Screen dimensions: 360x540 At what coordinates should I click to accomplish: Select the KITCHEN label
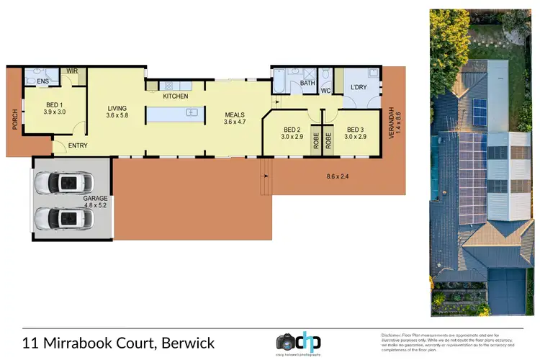pyautogui.click(x=176, y=96)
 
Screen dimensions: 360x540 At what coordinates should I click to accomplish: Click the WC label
pyautogui.click(x=325, y=91)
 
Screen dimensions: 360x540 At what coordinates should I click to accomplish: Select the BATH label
pyautogui.click(x=308, y=83)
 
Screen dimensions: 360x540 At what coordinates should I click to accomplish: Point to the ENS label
pyautogui.click(x=32, y=81)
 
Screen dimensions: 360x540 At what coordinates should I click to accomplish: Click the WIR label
pyautogui.click(x=72, y=71)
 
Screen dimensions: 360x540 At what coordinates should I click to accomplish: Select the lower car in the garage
pyautogui.click(x=71, y=217)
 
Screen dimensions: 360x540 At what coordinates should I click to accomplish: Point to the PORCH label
pyautogui.click(x=14, y=120)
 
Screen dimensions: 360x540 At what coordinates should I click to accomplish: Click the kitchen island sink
pyautogui.click(x=192, y=112)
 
